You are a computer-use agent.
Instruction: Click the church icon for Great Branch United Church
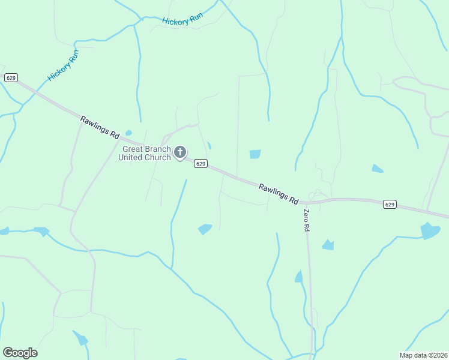point(179,152)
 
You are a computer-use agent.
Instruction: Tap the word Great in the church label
point(134,149)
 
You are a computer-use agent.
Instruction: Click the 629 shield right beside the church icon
point(200,164)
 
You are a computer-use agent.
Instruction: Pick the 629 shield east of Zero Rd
point(390,205)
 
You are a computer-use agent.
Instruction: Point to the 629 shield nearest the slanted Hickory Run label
point(10,77)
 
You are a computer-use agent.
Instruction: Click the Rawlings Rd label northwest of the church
point(100,128)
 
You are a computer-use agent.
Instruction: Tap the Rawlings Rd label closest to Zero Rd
point(279,194)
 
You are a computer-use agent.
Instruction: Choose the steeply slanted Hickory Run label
point(63,65)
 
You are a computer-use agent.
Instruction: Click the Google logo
point(20,353)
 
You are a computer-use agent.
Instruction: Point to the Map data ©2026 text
point(423,355)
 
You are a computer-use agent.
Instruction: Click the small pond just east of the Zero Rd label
point(328,244)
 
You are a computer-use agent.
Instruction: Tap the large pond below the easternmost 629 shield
point(430,230)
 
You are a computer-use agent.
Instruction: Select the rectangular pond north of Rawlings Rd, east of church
point(255,154)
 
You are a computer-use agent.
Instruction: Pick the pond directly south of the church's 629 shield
point(205,229)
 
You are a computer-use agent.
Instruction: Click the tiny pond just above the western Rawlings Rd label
point(128,133)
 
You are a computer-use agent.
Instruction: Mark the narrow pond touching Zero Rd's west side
point(299,276)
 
